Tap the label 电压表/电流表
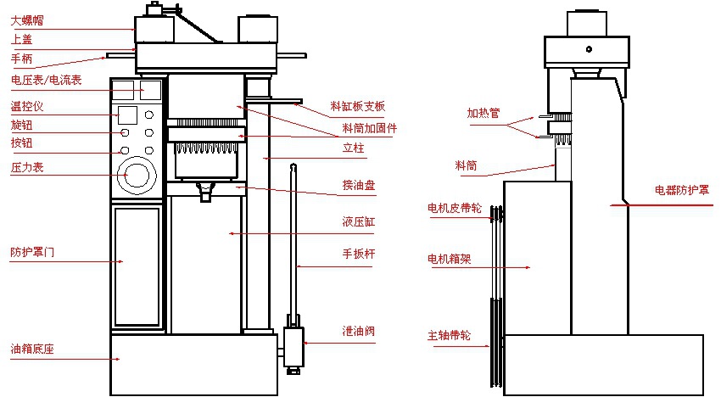click(x=45, y=81)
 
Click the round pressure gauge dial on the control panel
click(x=137, y=176)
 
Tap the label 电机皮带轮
click(x=455, y=206)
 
